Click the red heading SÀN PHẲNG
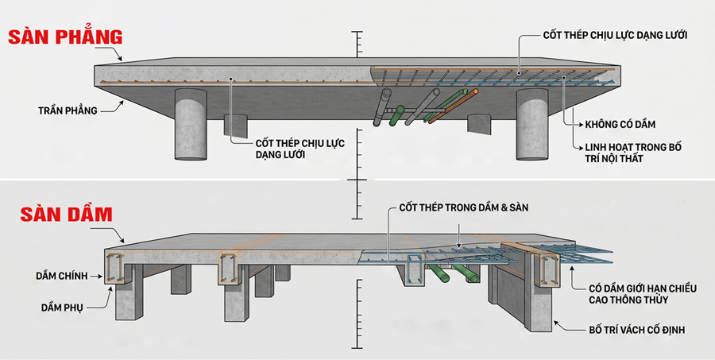point(65,37)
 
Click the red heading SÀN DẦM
point(56,214)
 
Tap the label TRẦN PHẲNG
point(67,110)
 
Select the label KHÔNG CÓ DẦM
point(622,124)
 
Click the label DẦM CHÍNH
point(67,277)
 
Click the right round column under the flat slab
point(531,126)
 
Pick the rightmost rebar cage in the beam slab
point(547,268)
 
